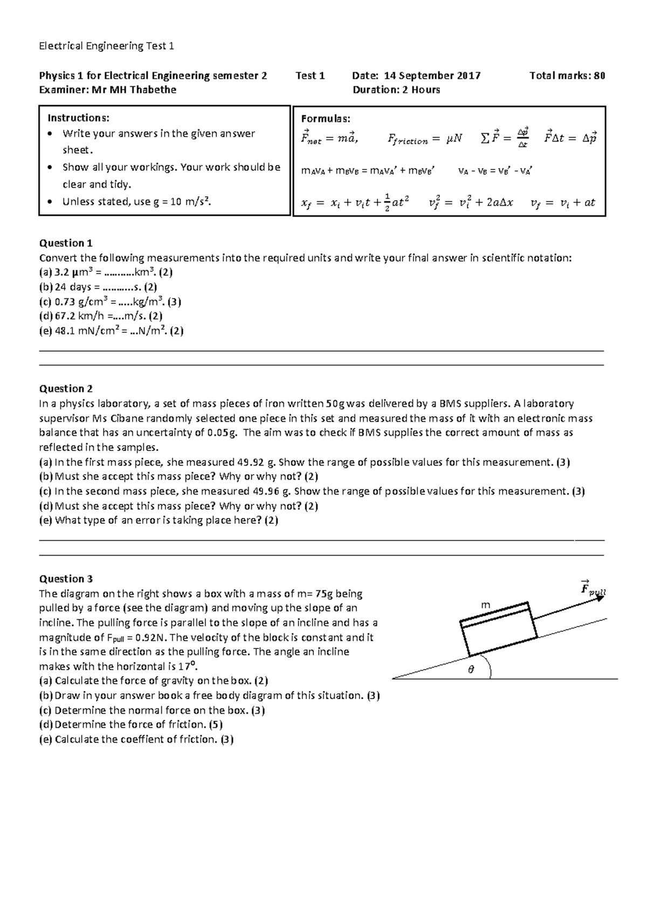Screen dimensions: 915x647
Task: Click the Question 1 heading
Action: pos(62,243)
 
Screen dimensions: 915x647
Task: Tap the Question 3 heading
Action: pos(66,579)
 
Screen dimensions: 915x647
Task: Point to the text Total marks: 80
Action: pos(567,76)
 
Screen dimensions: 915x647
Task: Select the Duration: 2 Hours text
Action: pos(396,90)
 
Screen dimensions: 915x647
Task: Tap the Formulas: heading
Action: pos(325,119)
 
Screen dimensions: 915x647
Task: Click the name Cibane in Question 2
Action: pos(128,418)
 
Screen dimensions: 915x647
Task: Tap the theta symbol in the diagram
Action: pos(471,670)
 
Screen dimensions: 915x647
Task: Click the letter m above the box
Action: pos(486,605)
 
